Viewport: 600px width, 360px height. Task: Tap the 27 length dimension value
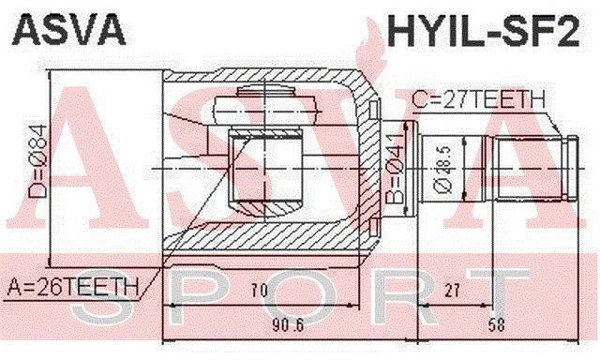pos(452,292)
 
